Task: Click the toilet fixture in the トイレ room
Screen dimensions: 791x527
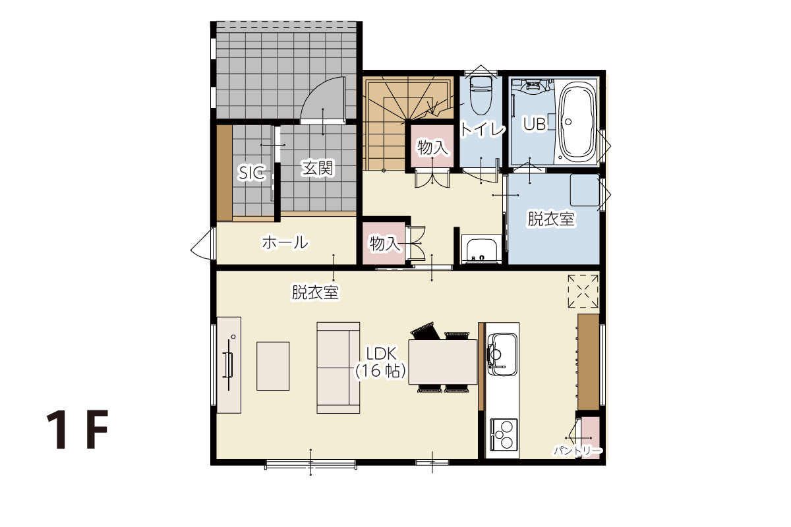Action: tap(481, 96)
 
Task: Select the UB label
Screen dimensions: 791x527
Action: tap(535, 124)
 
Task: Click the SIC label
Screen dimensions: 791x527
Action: tap(251, 173)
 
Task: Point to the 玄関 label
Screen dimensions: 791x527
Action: tap(317, 169)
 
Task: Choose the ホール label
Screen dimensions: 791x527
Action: tap(285, 242)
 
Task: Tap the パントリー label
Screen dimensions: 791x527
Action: tap(577, 451)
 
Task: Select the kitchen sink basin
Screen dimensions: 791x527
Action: tap(502, 354)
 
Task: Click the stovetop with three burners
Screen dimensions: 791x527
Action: tap(504, 434)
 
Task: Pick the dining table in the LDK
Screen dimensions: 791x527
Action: tap(443, 362)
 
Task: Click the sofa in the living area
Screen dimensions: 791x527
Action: tap(338, 368)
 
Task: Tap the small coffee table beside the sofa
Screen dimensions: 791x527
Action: tap(273, 366)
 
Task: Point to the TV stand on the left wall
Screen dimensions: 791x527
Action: tap(229, 365)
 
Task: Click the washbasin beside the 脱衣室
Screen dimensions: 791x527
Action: tap(481, 250)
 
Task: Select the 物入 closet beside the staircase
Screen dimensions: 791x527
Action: tap(432, 146)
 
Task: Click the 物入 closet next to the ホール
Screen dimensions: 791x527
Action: tap(384, 243)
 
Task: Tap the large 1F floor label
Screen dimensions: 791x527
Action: tap(77, 430)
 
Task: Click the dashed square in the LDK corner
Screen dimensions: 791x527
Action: tap(583, 291)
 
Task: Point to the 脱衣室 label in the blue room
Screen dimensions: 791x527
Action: tap(551, 219)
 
